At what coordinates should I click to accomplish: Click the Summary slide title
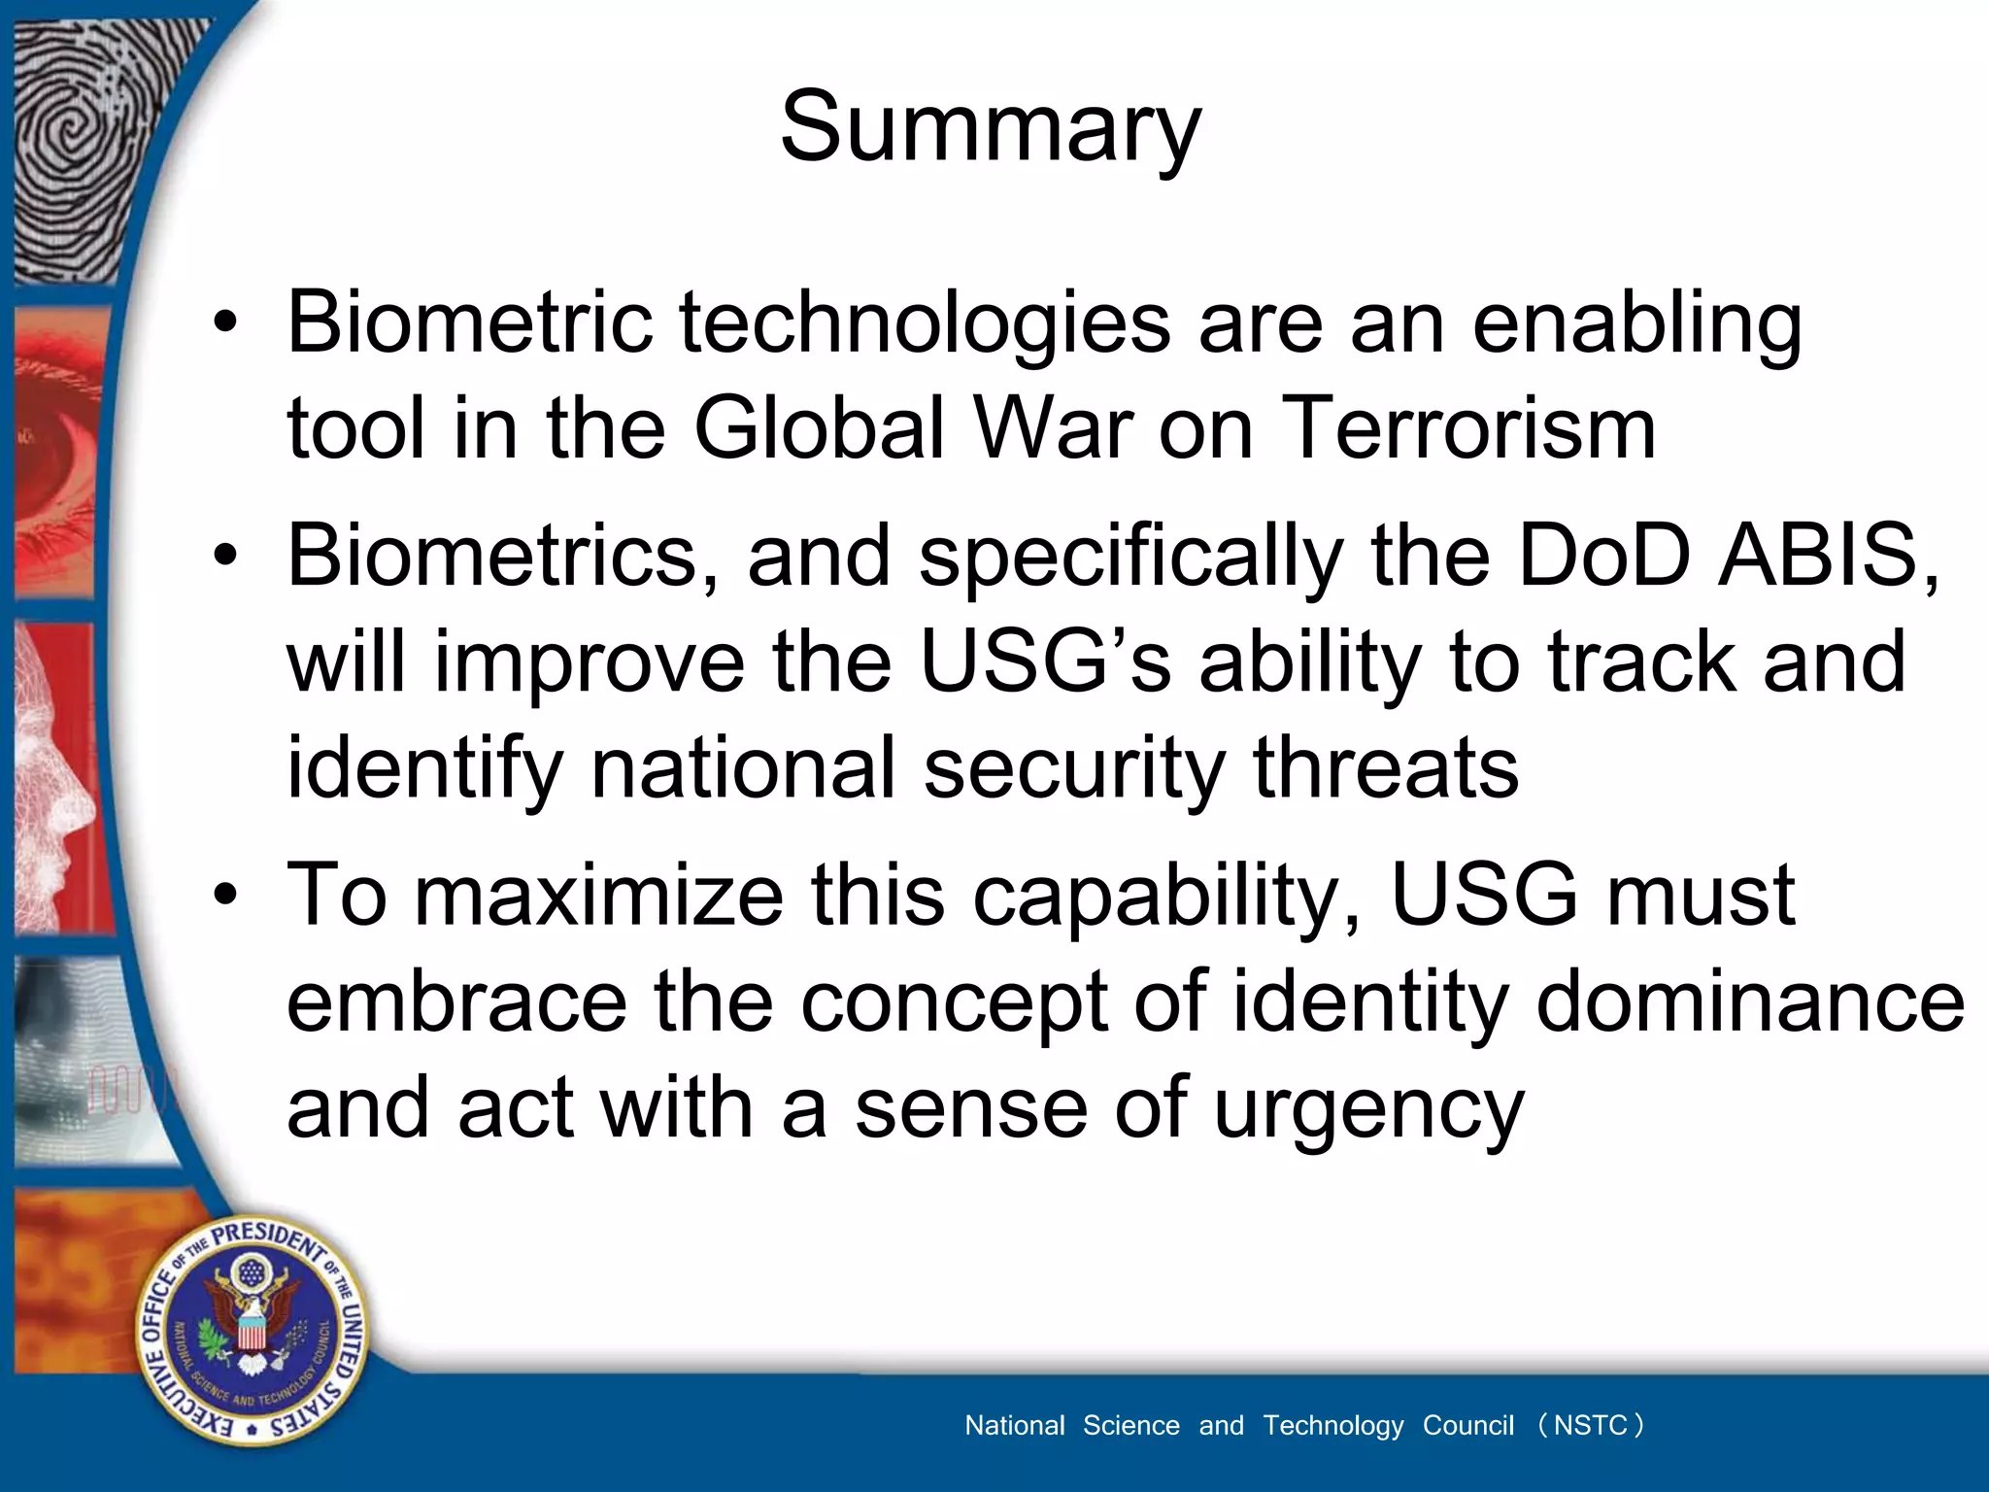[x=991, y=128]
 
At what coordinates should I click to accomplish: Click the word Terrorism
[x=1467, y=428]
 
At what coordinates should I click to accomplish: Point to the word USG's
[x=1045, y=662]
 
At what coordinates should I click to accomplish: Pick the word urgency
[x=1368, y=1109]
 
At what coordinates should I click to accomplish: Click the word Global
[x=819, y=428]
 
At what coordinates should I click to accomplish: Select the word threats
[x=1386, y=768]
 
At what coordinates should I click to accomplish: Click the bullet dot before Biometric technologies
[x=225, y=323]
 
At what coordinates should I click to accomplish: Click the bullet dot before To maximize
[x=225, y=896]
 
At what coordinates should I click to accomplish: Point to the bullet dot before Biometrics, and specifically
[x=225, y=557]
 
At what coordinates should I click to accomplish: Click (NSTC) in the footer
[x=1590, y=1425]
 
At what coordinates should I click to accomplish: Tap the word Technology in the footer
[x=1332, y=1425]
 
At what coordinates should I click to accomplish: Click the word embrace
[x=456, y=1001]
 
